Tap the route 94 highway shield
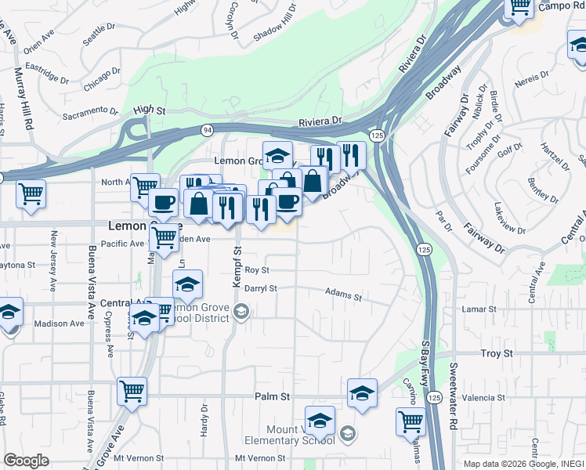[206, 129]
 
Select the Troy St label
[496, 354]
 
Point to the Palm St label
[273, 397]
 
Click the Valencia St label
[483, 398]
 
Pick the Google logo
[26, 461]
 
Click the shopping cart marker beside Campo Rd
[519, 7]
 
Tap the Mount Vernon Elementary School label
[301, 435]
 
